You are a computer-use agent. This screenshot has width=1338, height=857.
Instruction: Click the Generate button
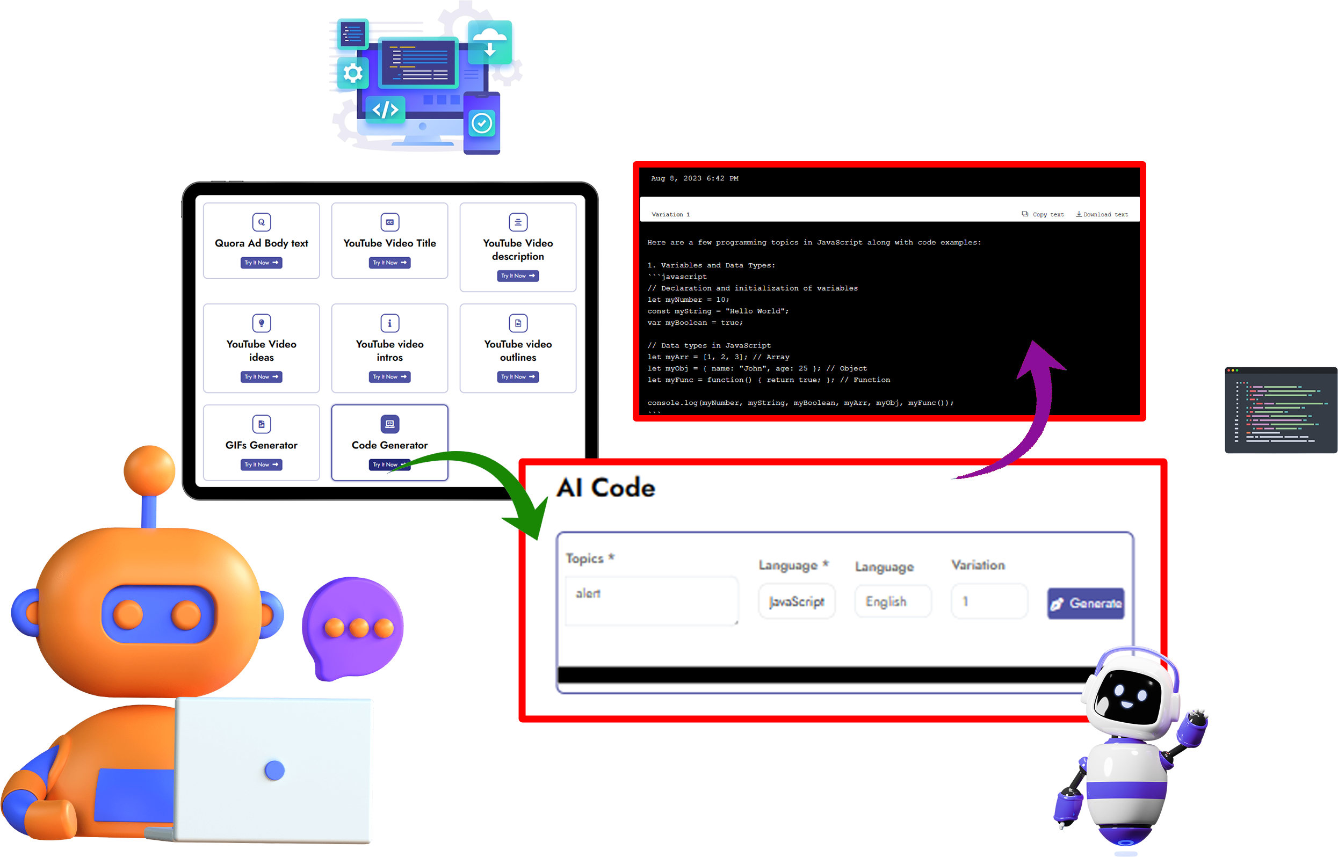[x=1086, y=603]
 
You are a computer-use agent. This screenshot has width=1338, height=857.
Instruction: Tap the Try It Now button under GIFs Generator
[x=261, y=464]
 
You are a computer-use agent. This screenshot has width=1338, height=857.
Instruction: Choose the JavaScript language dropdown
[x=797, y=601]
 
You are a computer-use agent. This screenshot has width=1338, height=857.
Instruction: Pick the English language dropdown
[x=893, y=601]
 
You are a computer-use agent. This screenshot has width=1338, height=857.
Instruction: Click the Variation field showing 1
[x=989, y=601]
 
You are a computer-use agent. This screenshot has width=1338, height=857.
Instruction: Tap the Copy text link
[x=1043, y=214]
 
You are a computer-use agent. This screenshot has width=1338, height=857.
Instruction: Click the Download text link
[x=1102, y=214]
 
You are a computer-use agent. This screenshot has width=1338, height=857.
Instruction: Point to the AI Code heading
[x=606, y=488]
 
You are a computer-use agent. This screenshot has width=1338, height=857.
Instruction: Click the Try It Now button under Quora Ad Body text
[x=261, y=263]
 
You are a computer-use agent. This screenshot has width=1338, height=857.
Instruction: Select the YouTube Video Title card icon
[x=389, y=222]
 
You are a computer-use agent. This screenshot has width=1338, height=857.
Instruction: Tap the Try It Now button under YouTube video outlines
[x=518, y=377]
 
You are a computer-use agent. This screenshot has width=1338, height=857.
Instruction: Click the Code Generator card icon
[x=389, y=424]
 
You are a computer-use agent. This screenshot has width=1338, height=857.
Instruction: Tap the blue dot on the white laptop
[x=275, y=770]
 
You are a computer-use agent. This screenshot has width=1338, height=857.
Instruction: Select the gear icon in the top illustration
[x=353, y=73]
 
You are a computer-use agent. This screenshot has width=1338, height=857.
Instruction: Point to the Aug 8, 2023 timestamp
[x=695, y=179]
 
